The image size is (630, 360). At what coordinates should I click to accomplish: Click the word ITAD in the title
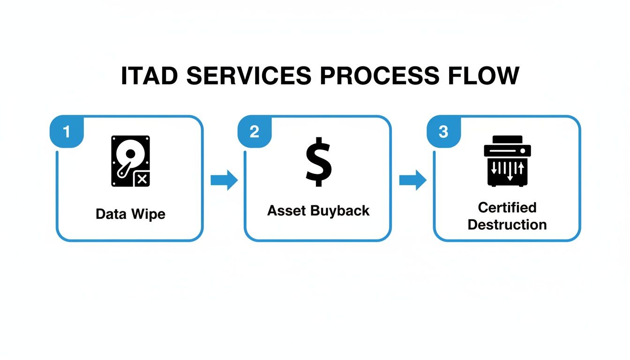[x=150, y=75]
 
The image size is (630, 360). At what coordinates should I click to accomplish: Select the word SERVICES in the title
[x=249, y=75]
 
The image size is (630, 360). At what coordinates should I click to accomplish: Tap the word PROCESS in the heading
[x=380, y=75]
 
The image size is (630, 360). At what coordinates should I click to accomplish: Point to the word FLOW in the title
[x=484, y=75]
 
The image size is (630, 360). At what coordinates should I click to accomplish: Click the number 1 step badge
[x=67, y=131]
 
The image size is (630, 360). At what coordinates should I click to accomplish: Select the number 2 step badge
[x=255, y=131]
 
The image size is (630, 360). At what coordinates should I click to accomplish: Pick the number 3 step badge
[x=443, y=131]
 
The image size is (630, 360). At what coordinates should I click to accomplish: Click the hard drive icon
[x=130, y=161]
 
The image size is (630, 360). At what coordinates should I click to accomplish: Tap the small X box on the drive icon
[x=142, y=179]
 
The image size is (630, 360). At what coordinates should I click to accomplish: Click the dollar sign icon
[x=319, y=162]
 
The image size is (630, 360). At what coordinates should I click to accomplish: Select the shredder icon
[x=507, y=161]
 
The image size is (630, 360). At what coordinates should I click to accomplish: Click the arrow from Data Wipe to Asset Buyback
[x=224, y=180]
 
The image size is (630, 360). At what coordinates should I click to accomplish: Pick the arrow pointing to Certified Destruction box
[x=413, y=180]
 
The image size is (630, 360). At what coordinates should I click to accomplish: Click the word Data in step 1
[x=111, y=214]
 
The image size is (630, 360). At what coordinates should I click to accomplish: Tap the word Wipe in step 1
[x=149, y=215]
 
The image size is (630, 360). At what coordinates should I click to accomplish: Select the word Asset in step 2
[x=286, y=210]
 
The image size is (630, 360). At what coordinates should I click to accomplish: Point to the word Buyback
[x=340, y=211]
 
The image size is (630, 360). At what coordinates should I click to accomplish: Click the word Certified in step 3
[x=507, y=208]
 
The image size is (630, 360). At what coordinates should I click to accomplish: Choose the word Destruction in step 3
[x=507, y=225]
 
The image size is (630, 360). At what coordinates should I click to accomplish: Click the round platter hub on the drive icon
[x=130, y=154]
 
